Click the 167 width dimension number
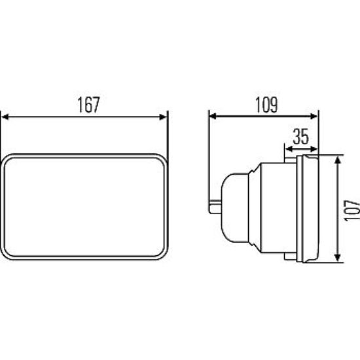pyautogui.click(x=88, y=105)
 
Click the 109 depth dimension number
pyautogui.click(x=266, y=105)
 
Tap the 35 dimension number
pyautogui.click(x=301, y=137)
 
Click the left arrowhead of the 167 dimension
pyautogui.click(x=5, y=117)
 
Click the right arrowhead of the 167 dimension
pyautogui.click(x=163, y=117)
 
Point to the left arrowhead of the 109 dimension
pyautogui.click(x=213, y=117)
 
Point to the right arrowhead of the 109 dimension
pyautogui.click(x=314, y=117)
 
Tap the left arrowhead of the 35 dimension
pyautogui.click(x=289, y=149)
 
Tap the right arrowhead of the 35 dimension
pyautogui.click(x=314, y=149)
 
